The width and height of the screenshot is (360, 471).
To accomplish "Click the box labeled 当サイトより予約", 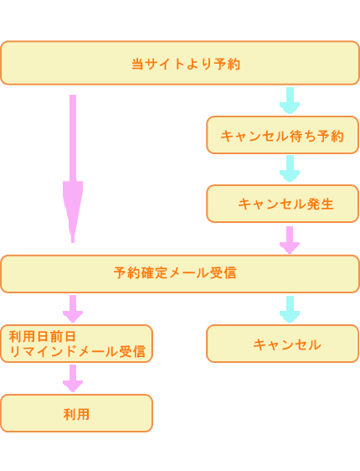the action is tap(180, 63).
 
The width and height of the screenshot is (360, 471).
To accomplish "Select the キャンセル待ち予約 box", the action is tap(283, 135).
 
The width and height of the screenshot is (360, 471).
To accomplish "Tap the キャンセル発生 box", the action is tap(283, 204).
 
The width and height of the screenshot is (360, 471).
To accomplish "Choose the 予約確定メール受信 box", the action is tap(180, 274).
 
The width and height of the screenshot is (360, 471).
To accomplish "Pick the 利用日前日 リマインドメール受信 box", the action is tap(76, 344).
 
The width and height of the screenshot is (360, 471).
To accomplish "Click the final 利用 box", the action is tap(76, 413).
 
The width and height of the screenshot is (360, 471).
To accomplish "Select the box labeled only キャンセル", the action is tap(283, 344).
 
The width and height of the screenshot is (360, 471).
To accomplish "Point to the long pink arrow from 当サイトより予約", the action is tap(73, 168).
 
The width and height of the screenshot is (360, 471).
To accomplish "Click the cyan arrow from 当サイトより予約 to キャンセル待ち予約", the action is tap(290, 101).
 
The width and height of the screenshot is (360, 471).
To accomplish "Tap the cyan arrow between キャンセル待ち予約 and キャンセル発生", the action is tap(290, 168).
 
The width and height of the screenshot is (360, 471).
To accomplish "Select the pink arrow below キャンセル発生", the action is tap(290, 240).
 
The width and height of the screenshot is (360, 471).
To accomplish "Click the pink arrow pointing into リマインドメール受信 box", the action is tap(73, 308).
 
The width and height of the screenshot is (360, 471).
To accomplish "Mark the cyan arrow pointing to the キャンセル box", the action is tap(290, 309).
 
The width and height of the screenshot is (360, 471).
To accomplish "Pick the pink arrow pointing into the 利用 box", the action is tap(73, 379).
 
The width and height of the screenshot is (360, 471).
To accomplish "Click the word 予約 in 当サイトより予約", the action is tap(227, 64).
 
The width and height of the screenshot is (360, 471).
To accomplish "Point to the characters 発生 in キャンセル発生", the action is tap(320, 204).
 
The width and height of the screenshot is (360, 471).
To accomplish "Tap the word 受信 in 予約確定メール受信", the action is tap(223, 273).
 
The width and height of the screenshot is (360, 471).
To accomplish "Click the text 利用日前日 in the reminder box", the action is tap(43, 336).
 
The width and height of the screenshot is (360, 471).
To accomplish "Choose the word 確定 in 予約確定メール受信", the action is tap(154, 273).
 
